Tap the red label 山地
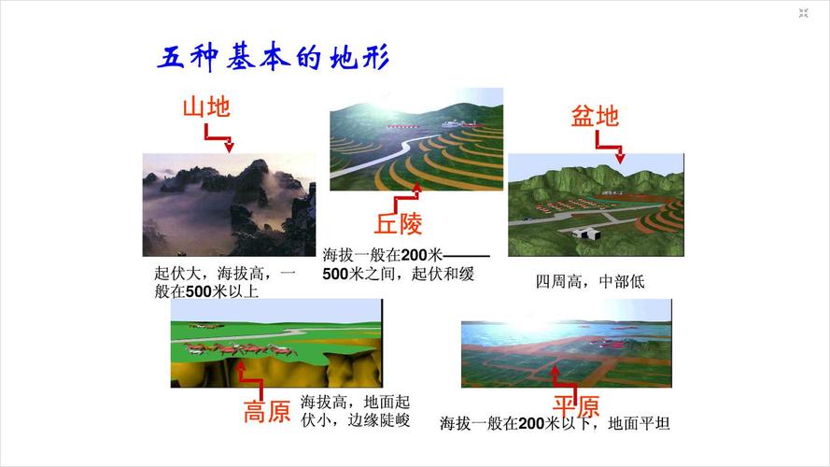pyautogui.click(x=205, y=107)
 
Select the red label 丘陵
pyautogui.click(x=399, y=224)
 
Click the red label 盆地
pyautogui.click(x=595, y=117)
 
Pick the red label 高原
pyautogui.click(x=267, y=412)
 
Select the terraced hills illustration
pyautogui.click(x=415, y=140)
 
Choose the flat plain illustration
pyautogui.click(x=566, y=343)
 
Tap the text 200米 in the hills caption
pyautogui.click(x=421, y=255)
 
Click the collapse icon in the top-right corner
pyautogui.click(x=803, y=13)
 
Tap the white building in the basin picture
pyautogui.click(x=585, y=231)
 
